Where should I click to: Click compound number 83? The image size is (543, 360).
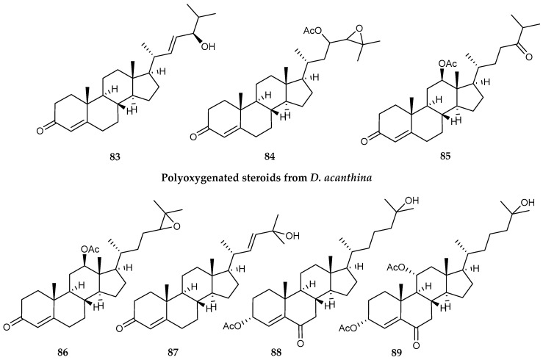tap(115, 156)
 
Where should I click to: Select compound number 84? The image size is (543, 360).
tap(270, 156)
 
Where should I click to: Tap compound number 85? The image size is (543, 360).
tap(445, 156)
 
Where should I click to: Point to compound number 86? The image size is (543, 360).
tap(63, 353)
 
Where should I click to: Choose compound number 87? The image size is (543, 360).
tap(173, 353)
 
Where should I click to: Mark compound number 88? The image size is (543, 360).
tap(276, 353)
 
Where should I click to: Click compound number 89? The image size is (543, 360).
tap(397, 353)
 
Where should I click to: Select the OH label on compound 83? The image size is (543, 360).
tap(207, 46)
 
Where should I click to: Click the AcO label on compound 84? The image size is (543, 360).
tap(312, 31)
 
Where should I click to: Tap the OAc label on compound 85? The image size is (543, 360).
tap(447, 63)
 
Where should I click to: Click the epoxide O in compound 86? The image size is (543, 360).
tap(176, 227)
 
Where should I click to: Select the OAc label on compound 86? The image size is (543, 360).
tap(90, 249)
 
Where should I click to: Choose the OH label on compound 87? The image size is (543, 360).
tap(292, 237)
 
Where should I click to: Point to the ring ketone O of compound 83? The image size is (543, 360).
tap(40, 130)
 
